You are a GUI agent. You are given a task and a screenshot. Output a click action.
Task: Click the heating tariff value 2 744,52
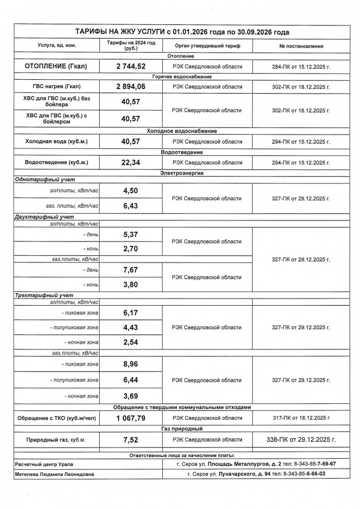click(x=130, y=66)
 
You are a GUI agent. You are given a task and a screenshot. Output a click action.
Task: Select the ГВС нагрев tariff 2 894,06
click(x=130, y=87)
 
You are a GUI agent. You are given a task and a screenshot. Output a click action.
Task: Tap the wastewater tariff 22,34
click(x=130, y=163)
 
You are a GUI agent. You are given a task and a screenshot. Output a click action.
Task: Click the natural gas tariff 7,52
click(x=130, y=439)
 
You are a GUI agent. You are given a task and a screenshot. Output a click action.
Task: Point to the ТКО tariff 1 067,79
click(x=130, y=418)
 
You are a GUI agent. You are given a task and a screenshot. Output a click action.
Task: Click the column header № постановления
click(x=301, y=46)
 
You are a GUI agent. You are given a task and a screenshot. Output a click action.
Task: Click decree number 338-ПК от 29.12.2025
click(x=301, y=439)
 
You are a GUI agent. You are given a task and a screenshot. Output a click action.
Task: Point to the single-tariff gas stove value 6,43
click(x=130, y=206)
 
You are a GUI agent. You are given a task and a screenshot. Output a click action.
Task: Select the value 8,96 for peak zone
click(x=130, y=364)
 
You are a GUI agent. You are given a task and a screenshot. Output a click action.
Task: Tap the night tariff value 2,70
click(x=130, y=249)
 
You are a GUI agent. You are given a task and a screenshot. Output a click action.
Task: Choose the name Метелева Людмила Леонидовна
click(x=54, y=474)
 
